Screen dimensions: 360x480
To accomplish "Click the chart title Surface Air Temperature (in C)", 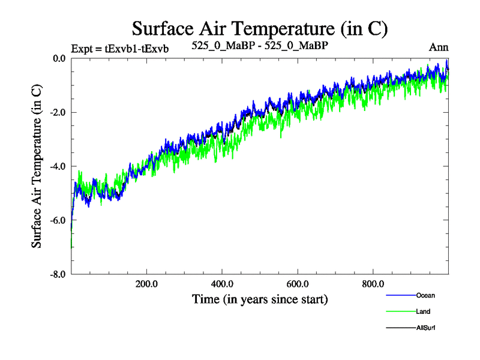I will coord(260,28).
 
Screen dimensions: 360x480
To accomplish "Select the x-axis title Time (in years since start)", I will coord(260,298).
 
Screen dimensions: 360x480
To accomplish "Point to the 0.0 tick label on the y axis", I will coord(59,59).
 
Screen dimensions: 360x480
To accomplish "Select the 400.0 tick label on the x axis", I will coord(222,284).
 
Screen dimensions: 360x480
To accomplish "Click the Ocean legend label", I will coord(425,295).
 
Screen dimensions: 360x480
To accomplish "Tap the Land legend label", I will coord(423,311).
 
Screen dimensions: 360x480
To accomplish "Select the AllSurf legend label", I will coord(425,328).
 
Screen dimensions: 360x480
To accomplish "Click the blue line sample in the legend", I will coord(400,295).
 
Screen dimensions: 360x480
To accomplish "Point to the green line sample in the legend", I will coord(400,311).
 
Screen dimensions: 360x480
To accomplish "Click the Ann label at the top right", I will coord(439,47).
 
